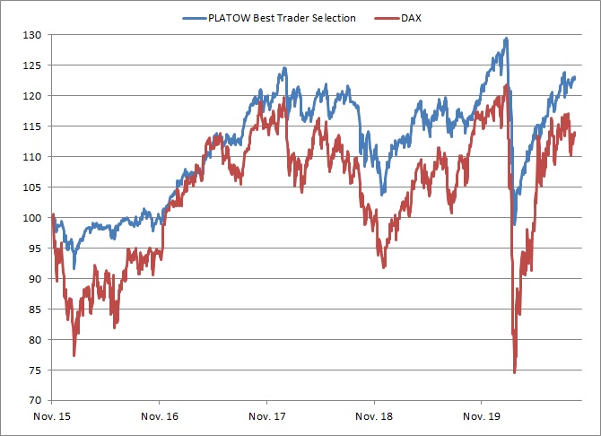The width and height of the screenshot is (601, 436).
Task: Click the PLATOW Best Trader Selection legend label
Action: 282,18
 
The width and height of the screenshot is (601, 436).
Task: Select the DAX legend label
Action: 411,18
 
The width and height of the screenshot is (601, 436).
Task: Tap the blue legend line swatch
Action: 195,18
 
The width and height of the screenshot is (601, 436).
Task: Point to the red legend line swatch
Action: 387,18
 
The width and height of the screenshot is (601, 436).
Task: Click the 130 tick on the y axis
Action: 31,35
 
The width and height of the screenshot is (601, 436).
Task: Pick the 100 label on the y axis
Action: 31,218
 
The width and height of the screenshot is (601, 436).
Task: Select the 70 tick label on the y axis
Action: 34,400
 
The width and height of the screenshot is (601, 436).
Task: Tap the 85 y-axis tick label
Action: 34,310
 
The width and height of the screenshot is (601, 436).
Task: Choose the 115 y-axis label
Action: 31,126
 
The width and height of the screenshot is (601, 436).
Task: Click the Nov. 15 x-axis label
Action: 52,416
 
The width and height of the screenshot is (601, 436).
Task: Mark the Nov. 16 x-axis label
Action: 160,416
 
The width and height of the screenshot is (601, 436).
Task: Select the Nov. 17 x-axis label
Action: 266,416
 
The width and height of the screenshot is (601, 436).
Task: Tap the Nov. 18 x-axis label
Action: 374,416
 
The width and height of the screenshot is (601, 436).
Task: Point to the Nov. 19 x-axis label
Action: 482,416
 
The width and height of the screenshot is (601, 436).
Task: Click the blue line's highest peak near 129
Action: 506,39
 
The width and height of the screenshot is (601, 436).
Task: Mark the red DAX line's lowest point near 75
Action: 514,372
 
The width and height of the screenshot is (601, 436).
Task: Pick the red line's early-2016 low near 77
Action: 74,355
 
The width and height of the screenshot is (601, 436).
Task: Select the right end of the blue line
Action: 575,77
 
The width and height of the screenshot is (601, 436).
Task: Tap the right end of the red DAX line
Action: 575,133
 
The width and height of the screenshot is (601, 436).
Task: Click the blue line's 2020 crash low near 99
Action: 514,224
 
